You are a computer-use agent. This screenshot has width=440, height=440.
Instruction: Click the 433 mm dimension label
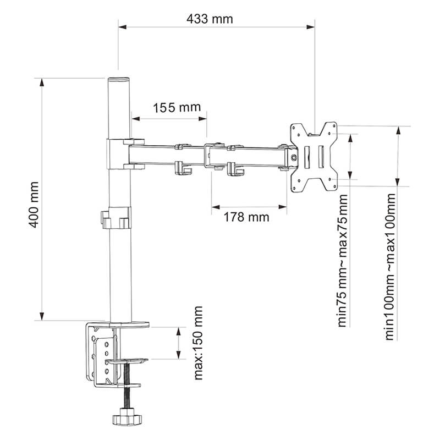[x=210, y=19]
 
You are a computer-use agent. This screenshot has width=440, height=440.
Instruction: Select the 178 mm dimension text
[x=246, y=217]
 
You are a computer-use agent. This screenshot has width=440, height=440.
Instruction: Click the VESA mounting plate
[x=313, y=157]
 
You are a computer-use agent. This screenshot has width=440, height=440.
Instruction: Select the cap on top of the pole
[x=119, y=80]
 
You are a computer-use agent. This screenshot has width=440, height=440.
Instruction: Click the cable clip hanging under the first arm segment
[x=183, y=169]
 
